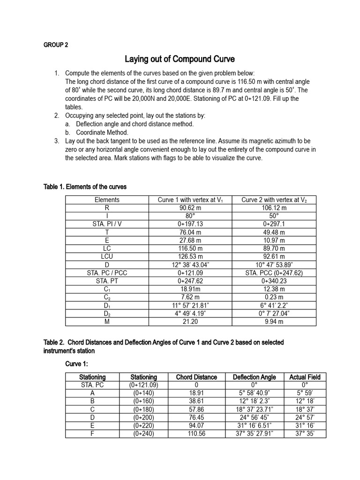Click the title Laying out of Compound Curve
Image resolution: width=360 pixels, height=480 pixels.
pyautogui.click(x=180, y=60)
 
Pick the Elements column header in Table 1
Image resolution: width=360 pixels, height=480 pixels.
pyautogui.click(x=107, y=200)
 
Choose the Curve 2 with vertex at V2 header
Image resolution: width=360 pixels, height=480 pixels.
pyautogui.click(x=274, y=200)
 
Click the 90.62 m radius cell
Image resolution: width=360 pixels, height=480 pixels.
pyautogui.click(x=190, y=208)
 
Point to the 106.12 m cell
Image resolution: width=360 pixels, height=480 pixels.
pyautogui.click(x=274, y=208)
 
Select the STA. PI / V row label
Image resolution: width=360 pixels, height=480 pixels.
pyautogui.click(x=107, y=224)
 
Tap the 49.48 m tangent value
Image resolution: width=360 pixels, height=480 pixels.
pyautogui.click(x=274, y=232)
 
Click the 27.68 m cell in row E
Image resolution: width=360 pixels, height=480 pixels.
pyautogui.click(x=190, y=240)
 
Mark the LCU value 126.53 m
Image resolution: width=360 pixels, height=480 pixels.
pyautogui.click(x=190, y=256)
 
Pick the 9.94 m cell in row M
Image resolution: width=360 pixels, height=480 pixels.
pyautogui.click(x=274, y=322)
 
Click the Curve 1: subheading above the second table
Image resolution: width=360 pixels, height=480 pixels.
pyautogui.click(x=78, y=364)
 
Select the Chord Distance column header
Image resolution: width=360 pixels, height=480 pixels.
pyautogui.click(x=196, y=377)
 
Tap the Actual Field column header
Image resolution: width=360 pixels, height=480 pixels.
pyautogui.click(x=305, y=377)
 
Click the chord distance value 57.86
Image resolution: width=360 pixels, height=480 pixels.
pyautogui.click(x=196, y=409)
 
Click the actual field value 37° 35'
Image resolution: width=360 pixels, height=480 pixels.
pyautogui.click(x=305, y=434)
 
